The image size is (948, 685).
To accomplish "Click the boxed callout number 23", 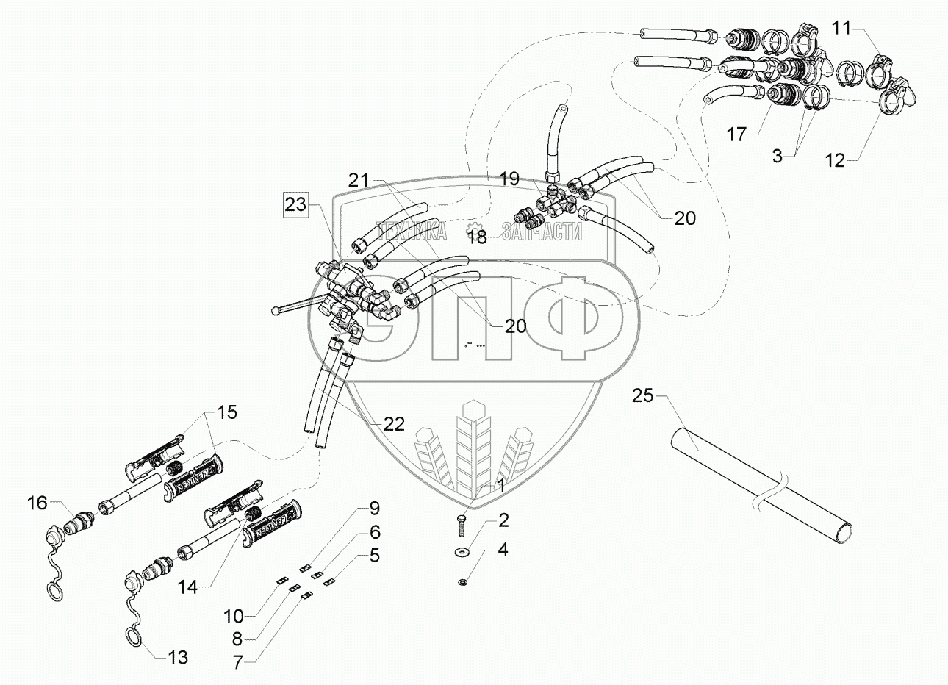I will pos(297,205).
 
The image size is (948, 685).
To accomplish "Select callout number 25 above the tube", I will pos(642,396).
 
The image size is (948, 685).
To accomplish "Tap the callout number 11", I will pos(841,29).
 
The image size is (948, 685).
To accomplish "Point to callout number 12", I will pos(835,159).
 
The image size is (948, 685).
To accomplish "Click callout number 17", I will pos(737,135).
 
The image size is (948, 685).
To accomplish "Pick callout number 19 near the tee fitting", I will pos(509,179).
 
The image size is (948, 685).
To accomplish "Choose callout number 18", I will pos(478,236).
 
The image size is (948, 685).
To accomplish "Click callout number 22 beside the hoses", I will pos(394,423).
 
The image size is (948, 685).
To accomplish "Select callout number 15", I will pos(227,412).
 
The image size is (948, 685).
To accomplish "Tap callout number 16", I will pos(37,503).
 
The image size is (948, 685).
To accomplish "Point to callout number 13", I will pos(178,657).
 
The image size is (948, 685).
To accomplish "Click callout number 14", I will pos(187,587).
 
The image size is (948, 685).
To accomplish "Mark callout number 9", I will pos(374,508).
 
